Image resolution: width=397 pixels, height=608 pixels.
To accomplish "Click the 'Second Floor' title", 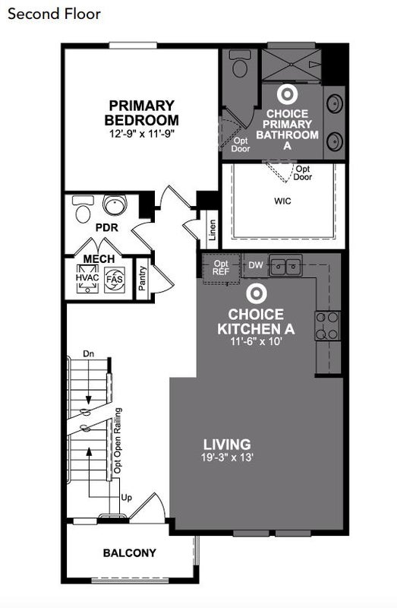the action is [x=54, y=14].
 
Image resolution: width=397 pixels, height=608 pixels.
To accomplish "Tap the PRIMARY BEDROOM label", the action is [x=142, y=112].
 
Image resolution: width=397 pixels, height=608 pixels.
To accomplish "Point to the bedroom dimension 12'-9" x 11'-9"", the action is [x=142, y=135].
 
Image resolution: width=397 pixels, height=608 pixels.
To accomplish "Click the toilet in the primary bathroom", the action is [x=240, y=64].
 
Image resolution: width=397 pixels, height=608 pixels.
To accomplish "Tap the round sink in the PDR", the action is [x=115, y=205].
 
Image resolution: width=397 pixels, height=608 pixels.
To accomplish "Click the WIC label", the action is [x=282, y=201].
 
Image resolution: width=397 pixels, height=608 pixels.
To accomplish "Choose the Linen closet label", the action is [x=213, y=230].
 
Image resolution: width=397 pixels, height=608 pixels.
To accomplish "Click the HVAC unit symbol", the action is [x=87, y=278].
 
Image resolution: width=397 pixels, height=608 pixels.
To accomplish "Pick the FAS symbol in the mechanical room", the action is [x=115, y=279].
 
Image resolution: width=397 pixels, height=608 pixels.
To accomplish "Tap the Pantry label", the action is [x=143, y=278].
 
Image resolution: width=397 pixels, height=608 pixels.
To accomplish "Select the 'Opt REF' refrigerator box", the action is [x=221, y=268].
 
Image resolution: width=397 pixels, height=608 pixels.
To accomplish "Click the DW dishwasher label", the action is [x=256, y=265].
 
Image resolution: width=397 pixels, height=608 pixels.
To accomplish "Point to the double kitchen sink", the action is [x=286, y=265].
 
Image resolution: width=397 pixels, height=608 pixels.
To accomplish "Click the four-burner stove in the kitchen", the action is [x=328, y=326].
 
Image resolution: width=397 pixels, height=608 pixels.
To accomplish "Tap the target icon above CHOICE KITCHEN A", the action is [x=256, y=293].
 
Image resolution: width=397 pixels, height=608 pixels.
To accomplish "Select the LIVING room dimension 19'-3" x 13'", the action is [x=227, y=458].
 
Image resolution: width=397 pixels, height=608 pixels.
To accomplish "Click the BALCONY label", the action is [x=130, y=553].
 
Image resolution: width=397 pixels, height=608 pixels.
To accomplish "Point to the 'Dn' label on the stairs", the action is [x=89, y=353].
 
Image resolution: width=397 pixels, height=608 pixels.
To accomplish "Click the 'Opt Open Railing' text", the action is [x=118, y=441].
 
